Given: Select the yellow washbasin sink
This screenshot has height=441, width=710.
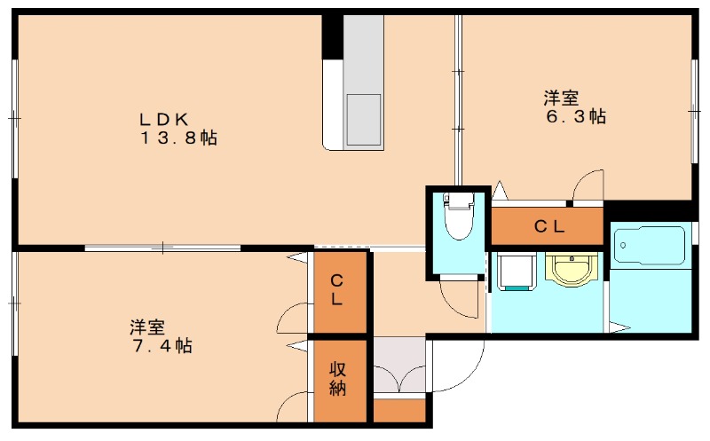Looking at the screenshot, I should (570, 269).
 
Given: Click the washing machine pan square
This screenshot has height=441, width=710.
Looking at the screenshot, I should (516, 271).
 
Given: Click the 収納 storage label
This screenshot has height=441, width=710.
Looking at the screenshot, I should (338, 379).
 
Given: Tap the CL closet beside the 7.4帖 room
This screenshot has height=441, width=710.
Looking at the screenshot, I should (338, 290).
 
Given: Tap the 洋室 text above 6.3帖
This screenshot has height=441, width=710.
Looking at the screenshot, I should (561, 97).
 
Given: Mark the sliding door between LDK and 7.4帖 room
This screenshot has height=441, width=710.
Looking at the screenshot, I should (162, 248).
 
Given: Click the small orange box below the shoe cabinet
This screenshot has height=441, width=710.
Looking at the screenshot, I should (399, 410).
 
